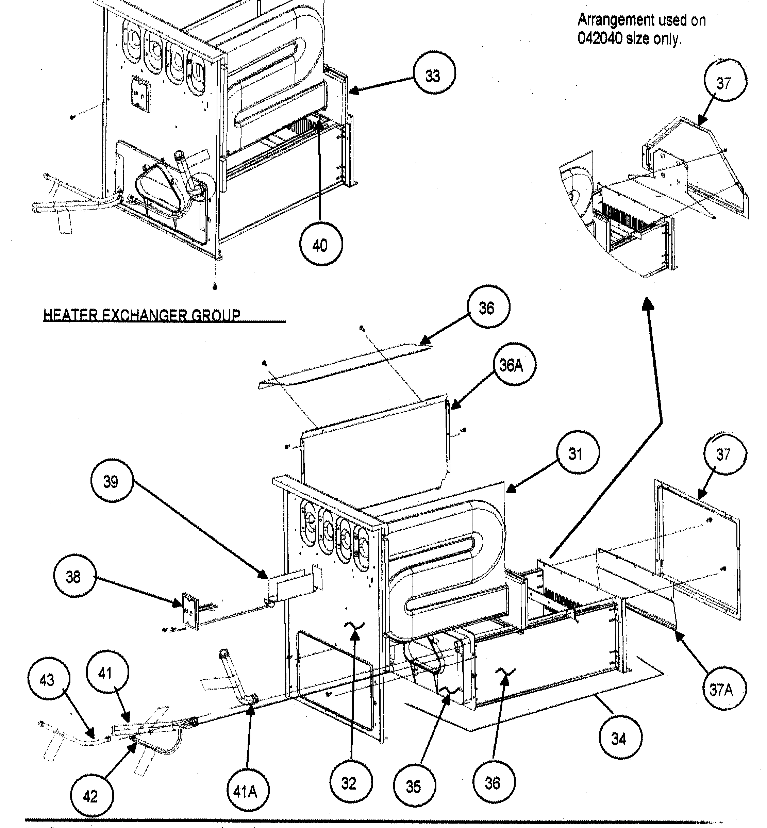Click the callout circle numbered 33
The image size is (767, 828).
coord(434,76)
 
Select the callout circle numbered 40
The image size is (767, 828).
coord(321,245)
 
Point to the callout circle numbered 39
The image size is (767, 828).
coord(112,481)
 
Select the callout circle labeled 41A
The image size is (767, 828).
coord(248,792)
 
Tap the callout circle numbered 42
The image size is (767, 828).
coord(91,796)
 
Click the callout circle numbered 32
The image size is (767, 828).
coord(351,783)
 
